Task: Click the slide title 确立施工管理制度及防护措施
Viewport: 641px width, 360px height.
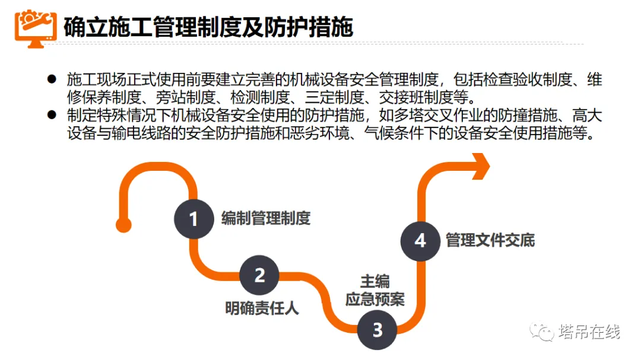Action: [x=208, y=27]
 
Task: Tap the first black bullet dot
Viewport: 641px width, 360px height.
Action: [x=52, y=79]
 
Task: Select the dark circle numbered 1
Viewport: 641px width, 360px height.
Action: [x=193, y=219]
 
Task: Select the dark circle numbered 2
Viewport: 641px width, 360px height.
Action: [x=259, y=276]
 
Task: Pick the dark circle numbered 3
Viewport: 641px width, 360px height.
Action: [x=377, y=330]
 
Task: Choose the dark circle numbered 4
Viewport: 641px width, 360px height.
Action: [x=420, y=240]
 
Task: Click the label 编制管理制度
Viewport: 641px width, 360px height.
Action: [x=265, y=218]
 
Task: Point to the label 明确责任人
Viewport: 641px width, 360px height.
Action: [x=262, y=308]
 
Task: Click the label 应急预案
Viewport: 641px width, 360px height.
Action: [x=375, y=299]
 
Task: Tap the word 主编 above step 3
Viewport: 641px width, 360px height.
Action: [x=375, y=281]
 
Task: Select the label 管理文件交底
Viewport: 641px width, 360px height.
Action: [x=490, y=240]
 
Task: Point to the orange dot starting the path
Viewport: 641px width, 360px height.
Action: [x=123, y=224]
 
